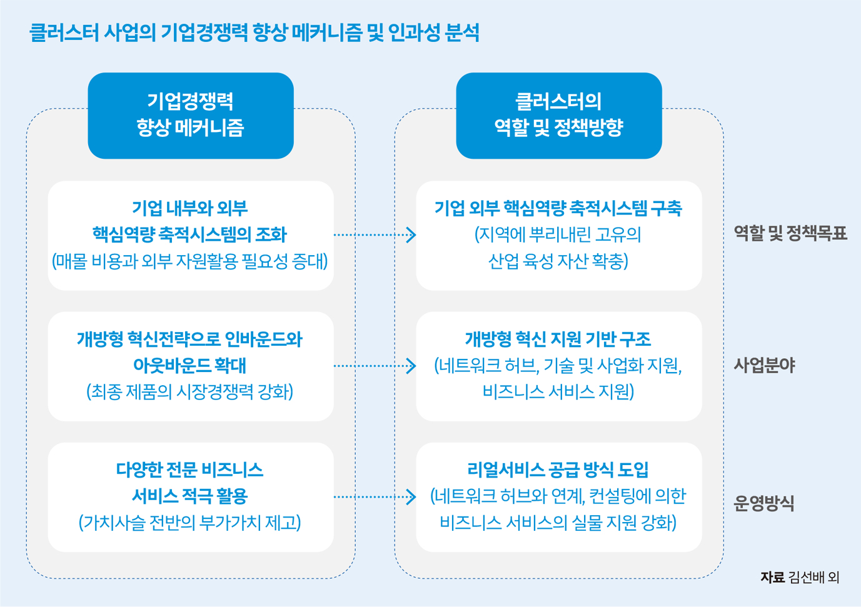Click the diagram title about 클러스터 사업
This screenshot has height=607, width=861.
click(x=254, y=33)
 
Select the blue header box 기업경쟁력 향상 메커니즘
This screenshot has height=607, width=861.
click(x=191, y=115)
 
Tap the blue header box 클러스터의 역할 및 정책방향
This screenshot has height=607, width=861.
click(x=558, y=115)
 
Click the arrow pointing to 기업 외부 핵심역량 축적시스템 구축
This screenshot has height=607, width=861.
click(x=375, y=235)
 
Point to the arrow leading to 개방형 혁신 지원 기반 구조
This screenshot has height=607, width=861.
click(x=375, y=366)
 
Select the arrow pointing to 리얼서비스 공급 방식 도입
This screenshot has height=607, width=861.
click(x=375, y=497)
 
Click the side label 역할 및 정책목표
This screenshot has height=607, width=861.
click(x=790, y=234)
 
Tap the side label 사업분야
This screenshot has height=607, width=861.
click(x=764, y=365)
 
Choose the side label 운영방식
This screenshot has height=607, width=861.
click(x=763, y=503)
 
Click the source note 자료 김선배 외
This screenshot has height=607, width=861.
click(x=800, y=577)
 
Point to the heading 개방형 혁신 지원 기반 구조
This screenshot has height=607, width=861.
click(x=558, y=339)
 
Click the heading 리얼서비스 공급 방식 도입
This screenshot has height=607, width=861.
click(x=558, y=470)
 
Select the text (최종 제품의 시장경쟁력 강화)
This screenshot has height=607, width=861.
click(x=190, y=392)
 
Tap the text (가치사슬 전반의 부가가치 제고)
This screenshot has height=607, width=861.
click(x=190, y=523)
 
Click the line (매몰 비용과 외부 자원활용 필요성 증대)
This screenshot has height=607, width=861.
click(x=190, y=261)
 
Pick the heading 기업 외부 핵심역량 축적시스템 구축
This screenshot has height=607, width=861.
click(x=558, y=208)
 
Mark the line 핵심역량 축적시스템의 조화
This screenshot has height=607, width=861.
click(x=190, y=234)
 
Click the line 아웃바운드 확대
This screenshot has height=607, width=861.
click(x=190, y=366)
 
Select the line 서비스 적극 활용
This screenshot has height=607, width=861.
click(x=190, y=496)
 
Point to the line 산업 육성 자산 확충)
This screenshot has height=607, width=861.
click(x=558, y=261)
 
